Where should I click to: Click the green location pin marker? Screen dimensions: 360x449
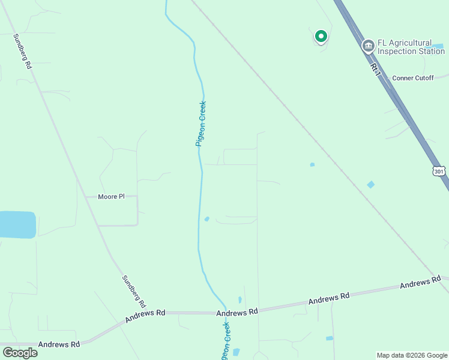[x=321, y=37]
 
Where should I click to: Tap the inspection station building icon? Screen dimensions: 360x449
[x=367, y=46]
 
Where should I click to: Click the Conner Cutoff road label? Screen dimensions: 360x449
[x=412, y=78]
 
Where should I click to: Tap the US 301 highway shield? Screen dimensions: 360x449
[x=439, y=171]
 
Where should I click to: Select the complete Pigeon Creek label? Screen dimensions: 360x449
[x=201, y=124]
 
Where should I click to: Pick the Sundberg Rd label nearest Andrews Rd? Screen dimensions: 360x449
[x=134, y=292]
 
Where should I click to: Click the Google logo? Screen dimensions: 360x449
[x=20, y=352]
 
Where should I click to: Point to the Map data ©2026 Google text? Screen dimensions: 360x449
[x=412, y=355]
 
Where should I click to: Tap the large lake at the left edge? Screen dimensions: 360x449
[x=16, y=224]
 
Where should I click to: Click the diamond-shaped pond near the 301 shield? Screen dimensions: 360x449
[x=370, y=184]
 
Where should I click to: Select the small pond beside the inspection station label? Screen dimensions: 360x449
[x=438, y=46]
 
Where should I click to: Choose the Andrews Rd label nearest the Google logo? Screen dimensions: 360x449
[x=59, y=344]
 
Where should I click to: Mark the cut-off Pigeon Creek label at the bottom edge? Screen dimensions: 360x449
[x=224, y=342]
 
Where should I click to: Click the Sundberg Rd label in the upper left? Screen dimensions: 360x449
[x=22, y=51]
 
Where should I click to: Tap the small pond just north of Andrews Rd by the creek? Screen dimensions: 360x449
[x=240, y=299]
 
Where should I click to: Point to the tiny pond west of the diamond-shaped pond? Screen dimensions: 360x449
[x=312, y=164]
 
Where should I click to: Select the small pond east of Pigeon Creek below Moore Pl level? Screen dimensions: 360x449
[x=206, y=219]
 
